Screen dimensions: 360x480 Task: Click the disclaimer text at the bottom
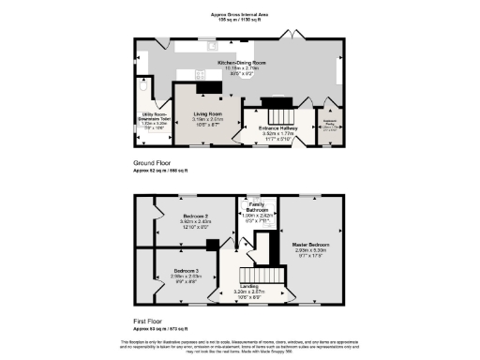click(x=240, y=346)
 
